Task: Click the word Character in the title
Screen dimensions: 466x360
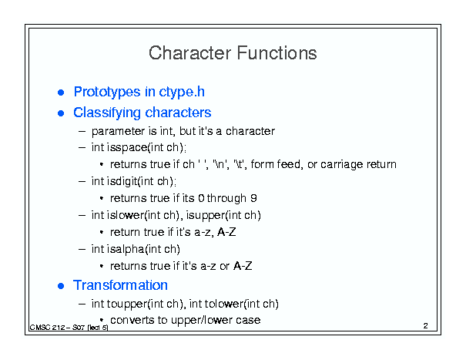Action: point(189,53)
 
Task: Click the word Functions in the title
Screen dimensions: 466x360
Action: point(277,53)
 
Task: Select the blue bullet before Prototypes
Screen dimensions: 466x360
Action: point(61,93)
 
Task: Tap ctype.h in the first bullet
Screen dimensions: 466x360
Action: point(182,92)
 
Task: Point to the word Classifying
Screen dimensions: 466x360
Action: point(107,113)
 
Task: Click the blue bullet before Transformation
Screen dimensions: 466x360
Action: point(61,286)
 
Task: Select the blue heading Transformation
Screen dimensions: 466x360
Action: point(120,285)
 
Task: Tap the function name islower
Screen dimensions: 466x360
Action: point(126,215)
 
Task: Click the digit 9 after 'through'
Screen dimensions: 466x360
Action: point(253,198)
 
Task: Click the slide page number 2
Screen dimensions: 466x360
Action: point(426,326)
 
